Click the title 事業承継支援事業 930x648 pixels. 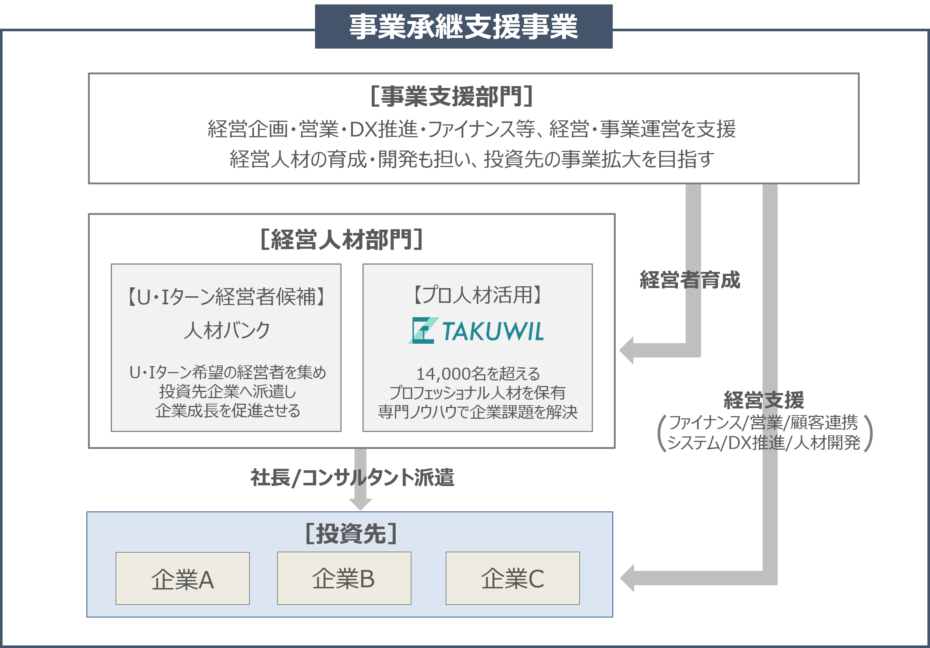tap(463, 27)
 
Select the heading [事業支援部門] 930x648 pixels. tap(451, 96)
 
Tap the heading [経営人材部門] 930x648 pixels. tap(342, 239)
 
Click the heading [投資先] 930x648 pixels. tap(351, 534)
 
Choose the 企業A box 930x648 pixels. tap(182, 578)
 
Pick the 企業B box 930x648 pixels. tap(344, 578)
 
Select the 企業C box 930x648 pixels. tap(512, 578)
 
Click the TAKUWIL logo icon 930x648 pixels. tap(422, 330)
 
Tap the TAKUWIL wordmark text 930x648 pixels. tap(492, 331)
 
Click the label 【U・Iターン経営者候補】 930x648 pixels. tap(226, 297)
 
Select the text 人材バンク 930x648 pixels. tap(226, 330)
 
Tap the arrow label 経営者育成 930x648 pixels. tap(689, 280)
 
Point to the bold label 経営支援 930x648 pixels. tap(764, 400)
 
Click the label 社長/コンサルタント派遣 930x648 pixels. tap(352, 478)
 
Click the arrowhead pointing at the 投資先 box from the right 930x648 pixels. tap(627, 578)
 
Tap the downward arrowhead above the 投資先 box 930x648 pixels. tap(360, 504)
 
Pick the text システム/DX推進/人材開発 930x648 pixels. tap(764, 443)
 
